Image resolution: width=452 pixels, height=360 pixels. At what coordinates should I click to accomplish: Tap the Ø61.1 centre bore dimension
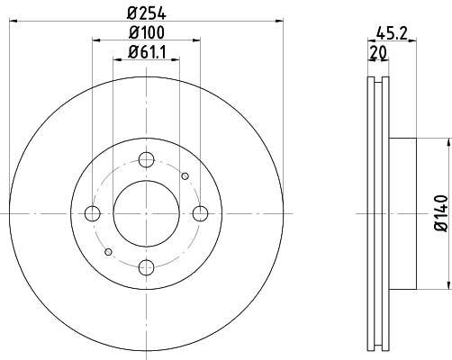(146, 52)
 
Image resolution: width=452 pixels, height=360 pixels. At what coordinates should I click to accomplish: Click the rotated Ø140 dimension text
(438, 213)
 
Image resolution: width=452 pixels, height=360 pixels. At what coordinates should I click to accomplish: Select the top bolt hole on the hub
(146, 159)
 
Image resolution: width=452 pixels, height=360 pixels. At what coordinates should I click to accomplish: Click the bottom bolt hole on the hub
(146, 265)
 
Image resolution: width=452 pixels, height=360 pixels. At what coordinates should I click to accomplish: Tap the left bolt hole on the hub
(92, 212)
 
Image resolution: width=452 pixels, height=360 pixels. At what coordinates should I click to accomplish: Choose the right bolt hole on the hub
(200, 212)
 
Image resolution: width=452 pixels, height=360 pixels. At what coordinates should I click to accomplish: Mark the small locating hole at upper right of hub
(185, 175)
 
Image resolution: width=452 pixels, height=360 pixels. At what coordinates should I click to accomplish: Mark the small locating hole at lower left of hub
(107, 250)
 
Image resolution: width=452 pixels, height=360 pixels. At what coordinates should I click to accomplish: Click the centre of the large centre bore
(146, 212)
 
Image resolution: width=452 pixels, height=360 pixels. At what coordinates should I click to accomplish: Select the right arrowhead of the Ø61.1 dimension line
(175, 60)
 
